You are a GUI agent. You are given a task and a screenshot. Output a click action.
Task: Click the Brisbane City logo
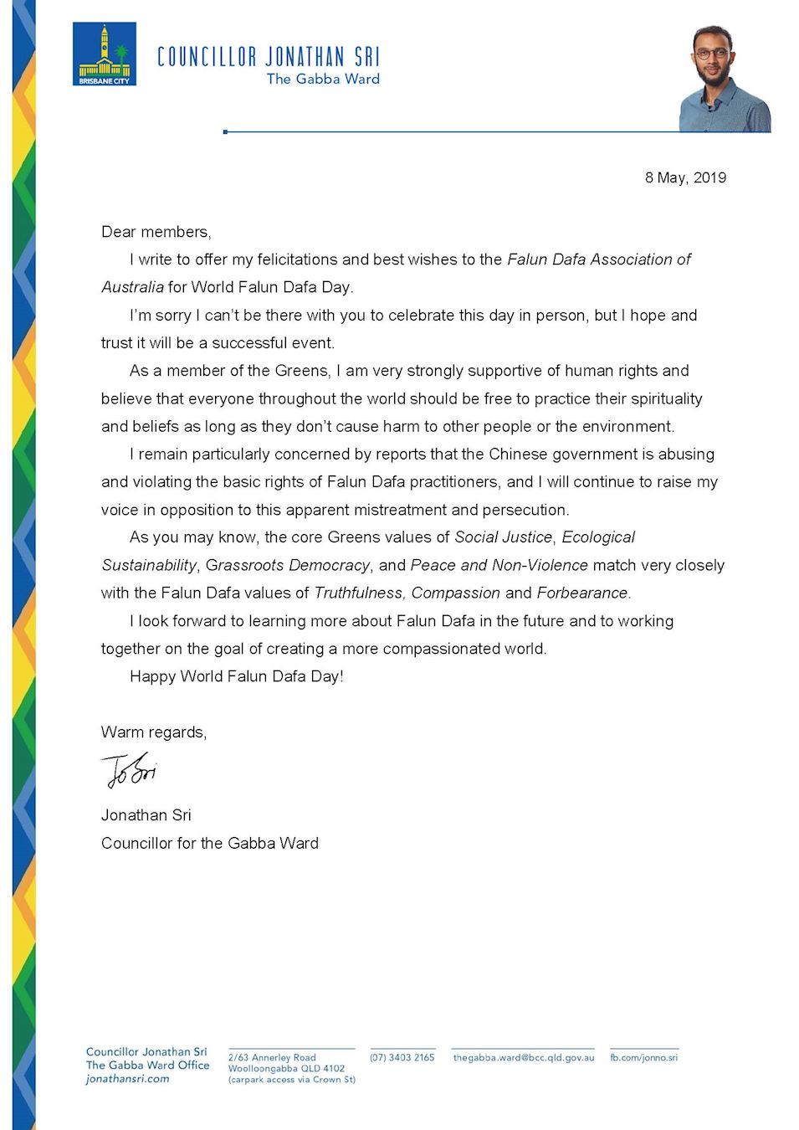pyautogui.click(x=105, y=54)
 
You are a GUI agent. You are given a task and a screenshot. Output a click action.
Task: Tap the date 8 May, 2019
pyautogui.click(x=685, y=177)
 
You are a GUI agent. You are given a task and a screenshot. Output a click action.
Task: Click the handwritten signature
pyautogui.click(x=129, y=769)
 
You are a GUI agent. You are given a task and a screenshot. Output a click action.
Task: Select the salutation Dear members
pyautogui.click(x=156, y=232)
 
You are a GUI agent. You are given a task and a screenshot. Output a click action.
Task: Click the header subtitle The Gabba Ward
pyautogui.click(x=323, y=79)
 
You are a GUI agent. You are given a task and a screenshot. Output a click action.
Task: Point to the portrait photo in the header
pyautogui.click(x=723, y=79)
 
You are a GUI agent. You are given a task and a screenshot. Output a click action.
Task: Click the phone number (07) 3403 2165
pyautogui.click(x=402, y=1057)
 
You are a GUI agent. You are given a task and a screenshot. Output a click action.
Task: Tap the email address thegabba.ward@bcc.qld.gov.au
pyautogui.click(x=523, y=1057)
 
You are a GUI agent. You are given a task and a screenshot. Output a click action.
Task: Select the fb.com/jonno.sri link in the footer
pyautogui.click(x=643, y=1057)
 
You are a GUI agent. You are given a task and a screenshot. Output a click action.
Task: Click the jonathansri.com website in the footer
pyautogui.click(x=127, y=1079)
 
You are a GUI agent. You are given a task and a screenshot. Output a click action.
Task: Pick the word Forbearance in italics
pyautogui.click(x=582, y=593)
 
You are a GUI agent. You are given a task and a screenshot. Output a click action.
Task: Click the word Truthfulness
pyautogui.click(x=360, y=593)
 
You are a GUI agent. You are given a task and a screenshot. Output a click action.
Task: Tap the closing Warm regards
pyautogui.click(x=153, y=732)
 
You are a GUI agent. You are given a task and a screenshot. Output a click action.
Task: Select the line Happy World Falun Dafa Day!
pyautogui.click(x=237, y=676)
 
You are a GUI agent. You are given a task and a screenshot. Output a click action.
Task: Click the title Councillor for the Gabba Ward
pyautogui.click(x=210, y=843)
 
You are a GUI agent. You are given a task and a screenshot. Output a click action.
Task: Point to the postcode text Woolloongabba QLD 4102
pyautogui.click(x=286, y=1068)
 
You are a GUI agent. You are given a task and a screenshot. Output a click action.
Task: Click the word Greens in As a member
pyautogui.click(x=302, y=371)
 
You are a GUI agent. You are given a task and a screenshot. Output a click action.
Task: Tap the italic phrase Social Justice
pyautogui.click(x=503, y=537)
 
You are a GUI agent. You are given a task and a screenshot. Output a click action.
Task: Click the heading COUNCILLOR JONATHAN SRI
pyautogui.click(x=268, y=57)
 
